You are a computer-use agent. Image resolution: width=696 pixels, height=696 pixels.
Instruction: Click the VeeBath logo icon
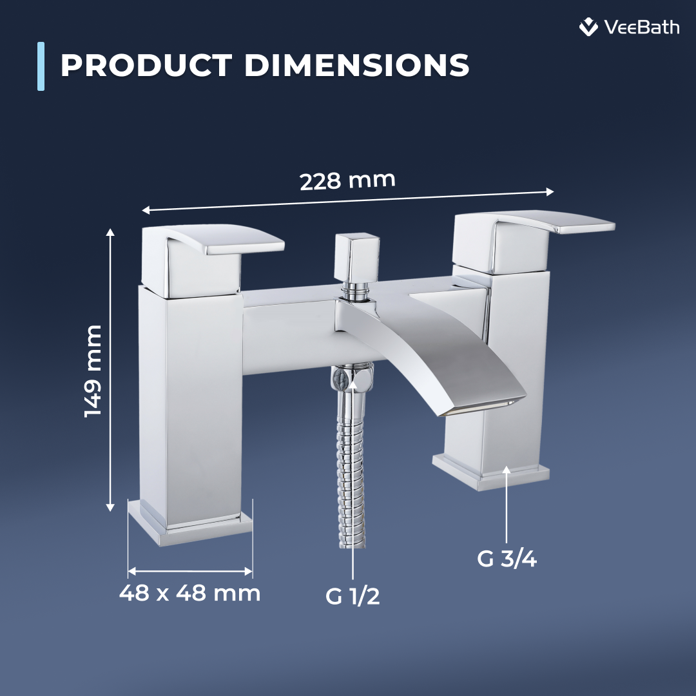point(588,27)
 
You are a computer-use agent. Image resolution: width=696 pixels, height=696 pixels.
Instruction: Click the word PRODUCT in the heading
point(146,65)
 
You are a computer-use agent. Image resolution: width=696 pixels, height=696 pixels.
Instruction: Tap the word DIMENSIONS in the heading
point(356,65)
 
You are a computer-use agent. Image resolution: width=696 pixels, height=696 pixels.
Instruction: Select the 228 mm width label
point(347,180)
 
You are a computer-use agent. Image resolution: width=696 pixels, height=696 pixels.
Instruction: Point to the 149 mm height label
point(93,371)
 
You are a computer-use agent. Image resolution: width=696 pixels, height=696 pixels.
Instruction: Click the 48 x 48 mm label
point(189,593)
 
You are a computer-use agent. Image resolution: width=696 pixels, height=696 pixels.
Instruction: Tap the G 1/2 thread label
point(353,595)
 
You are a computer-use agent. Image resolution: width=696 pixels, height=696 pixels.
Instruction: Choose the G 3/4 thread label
point(507,559)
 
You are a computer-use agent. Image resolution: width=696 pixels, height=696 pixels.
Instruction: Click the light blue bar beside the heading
point(41,66)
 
